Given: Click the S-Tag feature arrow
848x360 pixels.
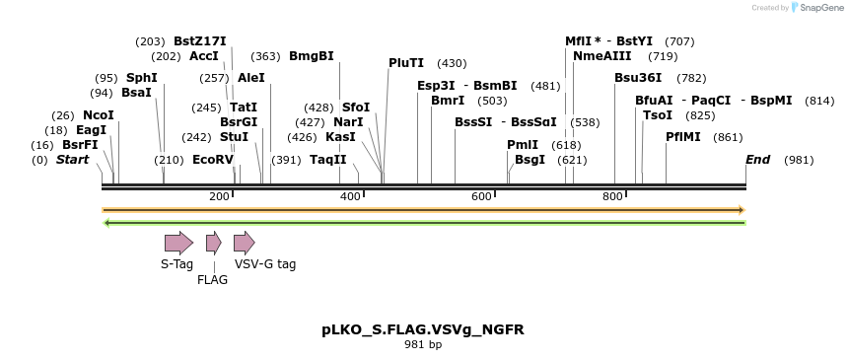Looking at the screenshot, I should pyautogui.click(x=178, y=243).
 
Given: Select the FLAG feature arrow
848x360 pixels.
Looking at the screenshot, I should pyautogui.click(x=213, y=243).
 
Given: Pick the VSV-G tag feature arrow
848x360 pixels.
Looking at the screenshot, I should pyautogui.click(x=244, y=243).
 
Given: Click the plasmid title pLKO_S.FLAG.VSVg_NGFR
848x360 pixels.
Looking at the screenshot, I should pyautogui.click(x=423, y=329).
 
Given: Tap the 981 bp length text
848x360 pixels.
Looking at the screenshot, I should pyautogui.click(x=423, y=344).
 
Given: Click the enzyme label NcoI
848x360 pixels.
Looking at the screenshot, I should pyautogui.click(x=99, y=115).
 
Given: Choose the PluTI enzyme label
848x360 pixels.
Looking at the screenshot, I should pyautogui.click(x=406, y=63).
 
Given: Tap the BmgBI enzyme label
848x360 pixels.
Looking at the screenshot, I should pyautogui.click(x=312, y=56).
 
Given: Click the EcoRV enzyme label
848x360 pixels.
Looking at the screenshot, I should pyautogui.click(x=213, y=159).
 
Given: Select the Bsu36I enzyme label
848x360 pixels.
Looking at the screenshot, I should pyautogui.click(x=639, y=78).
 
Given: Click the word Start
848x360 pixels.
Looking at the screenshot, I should pyautogui.click(x=72, y=159).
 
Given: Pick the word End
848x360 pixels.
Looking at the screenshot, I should pyautogui.click(x=757, y=159).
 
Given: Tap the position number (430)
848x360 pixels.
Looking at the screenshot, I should pyautogui.click(x=452, y=63).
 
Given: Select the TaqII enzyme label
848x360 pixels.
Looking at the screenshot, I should pyautogui.click(x=328, y=159).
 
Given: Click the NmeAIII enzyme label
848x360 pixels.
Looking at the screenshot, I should pyautogui.click(x=602, y=56).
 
